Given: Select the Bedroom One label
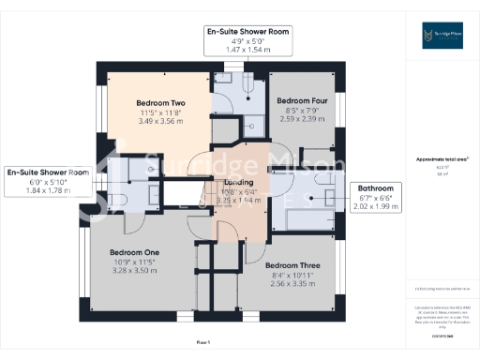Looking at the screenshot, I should pyautogui.click(x=134, y=253).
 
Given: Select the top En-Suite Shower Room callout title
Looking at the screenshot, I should pyautogui.click(x=248, y=32).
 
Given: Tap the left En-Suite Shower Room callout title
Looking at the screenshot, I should pyautogui.click(x=47, y=172).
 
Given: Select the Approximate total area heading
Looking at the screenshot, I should pyautogui.click(x=441, y=159).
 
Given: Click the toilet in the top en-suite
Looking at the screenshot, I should pyautogui.click(x=246, y=84).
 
